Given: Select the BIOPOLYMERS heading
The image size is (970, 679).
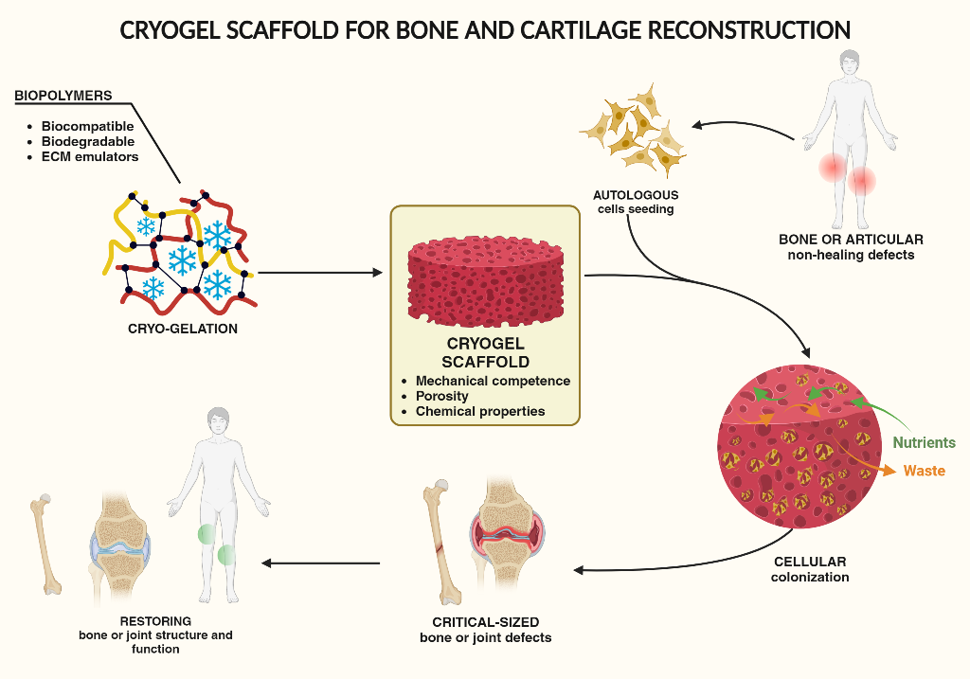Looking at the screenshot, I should click(63, 96).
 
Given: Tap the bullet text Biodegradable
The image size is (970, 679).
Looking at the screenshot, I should click(88, 141).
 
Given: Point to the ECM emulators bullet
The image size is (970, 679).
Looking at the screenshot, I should click(90, 156).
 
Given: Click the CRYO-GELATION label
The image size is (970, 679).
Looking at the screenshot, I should click(183, 330).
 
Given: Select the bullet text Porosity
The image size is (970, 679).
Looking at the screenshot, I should click(442, 396).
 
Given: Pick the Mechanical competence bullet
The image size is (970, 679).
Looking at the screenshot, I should click(493, 381).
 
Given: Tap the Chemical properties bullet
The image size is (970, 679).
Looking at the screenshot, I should click(480, 411).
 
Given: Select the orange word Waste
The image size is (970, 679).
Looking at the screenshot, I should click(924, 471).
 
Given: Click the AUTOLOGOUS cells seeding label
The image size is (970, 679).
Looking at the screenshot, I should click(636, 202).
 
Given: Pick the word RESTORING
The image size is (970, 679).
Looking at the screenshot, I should click(155, 621).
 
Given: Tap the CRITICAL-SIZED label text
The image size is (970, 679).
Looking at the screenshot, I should click(485, 622).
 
